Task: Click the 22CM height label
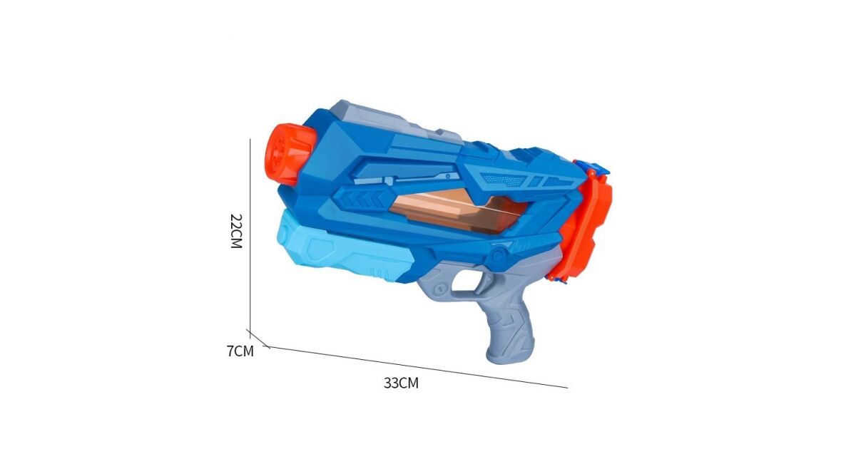tap(237, 231)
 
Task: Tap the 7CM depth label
tap(240, 351)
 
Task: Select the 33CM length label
tap(401, 383)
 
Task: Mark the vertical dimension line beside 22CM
tap(250, 239)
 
